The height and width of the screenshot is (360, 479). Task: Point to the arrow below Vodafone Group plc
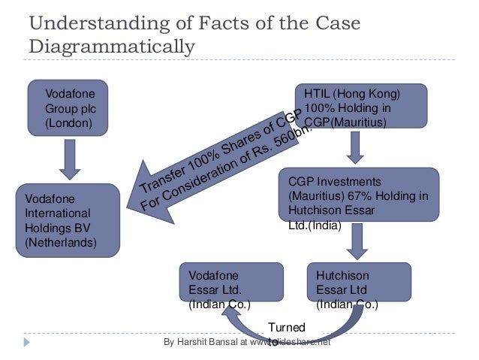70,160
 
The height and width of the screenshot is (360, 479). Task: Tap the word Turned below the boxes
287,328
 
